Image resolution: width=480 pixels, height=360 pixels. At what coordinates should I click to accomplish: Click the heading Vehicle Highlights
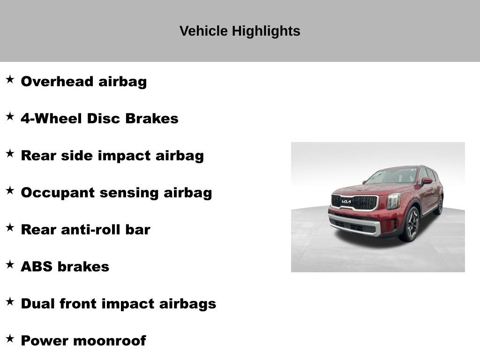[x=240, y=31]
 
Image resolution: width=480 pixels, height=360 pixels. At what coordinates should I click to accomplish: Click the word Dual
[x=37, y=304]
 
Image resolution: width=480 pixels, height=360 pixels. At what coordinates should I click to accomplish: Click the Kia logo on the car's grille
[x=346, y=202]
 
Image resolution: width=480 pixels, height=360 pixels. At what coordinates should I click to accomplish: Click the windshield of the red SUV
[x=393, y=176]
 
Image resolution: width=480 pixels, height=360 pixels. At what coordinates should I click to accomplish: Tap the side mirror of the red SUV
[x=427, y=181]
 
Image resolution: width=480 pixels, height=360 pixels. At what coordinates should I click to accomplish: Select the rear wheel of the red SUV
[x=439, y=205]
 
